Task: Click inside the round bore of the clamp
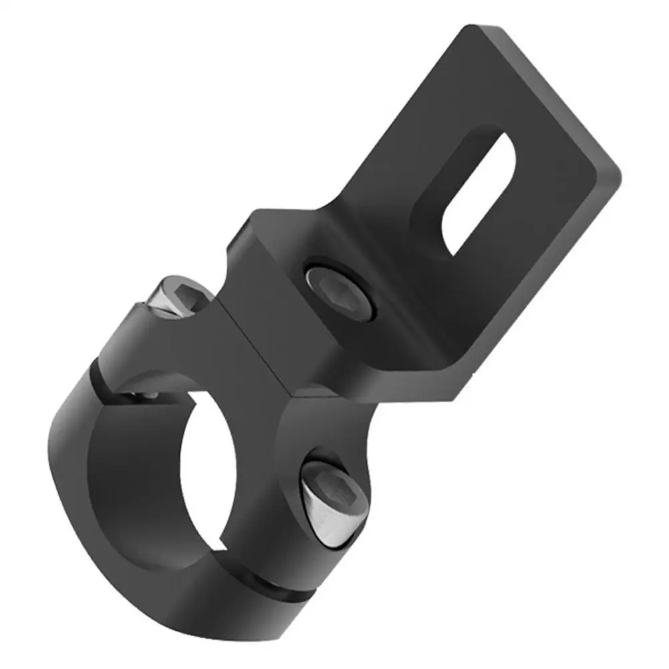[x=200, y=468]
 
